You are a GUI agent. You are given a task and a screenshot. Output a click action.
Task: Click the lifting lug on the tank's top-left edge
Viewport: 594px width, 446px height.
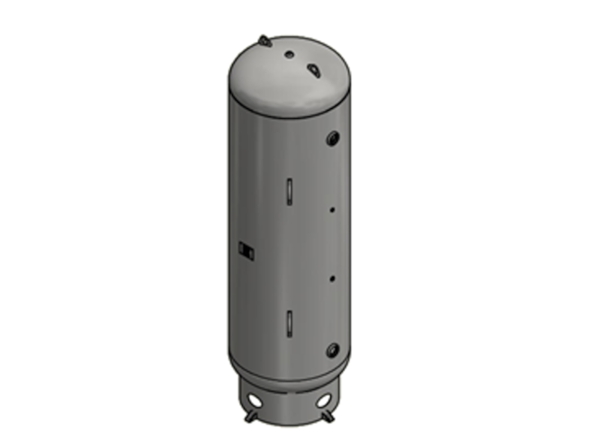pos(261,40)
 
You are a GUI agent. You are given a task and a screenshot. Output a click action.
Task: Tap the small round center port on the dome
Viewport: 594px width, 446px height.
pos(290,54)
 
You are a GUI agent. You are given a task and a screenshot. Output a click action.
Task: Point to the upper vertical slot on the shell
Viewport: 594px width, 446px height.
pos(290,191)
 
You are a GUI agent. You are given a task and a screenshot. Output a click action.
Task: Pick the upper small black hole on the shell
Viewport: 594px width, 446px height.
pos(332,210)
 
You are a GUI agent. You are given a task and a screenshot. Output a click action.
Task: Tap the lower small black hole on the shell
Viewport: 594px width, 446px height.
pos(332,278)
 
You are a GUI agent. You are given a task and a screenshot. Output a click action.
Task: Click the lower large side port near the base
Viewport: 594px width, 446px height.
pos(334,348)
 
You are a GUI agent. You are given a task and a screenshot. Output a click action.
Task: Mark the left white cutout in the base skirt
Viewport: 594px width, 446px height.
pos(259,396)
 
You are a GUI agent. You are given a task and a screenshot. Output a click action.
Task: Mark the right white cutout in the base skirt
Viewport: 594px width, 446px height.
pos(321,397)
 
